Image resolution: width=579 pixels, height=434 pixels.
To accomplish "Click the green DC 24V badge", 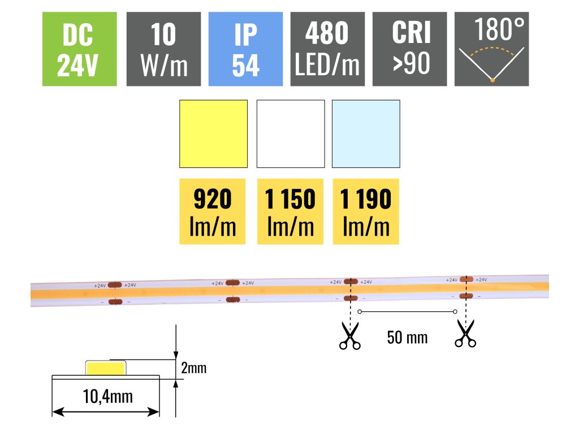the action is (x=80, y=49).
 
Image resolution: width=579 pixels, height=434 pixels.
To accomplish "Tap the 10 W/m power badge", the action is (x=163, y=49).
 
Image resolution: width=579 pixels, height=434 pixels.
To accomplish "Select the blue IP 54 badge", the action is (x=245, y=49).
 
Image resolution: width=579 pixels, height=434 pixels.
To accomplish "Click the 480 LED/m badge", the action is (x=327, y=49).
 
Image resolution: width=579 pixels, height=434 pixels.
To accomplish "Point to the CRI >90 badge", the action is (x=409, y=49).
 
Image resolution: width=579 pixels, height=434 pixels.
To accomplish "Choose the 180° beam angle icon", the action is (x=491, y=49).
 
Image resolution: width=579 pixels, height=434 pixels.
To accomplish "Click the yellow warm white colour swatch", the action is (x=213, y=134).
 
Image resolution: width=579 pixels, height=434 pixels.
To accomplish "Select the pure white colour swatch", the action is (x=291, y=134).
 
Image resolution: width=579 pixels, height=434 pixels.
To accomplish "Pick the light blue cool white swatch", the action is (x=366, y=134).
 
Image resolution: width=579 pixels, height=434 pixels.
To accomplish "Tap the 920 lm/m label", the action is (x=213, y=212).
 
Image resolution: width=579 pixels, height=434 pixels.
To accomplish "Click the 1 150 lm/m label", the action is (x=290, y=212).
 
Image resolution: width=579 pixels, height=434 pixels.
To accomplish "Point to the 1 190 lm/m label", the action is (x=366, y=212).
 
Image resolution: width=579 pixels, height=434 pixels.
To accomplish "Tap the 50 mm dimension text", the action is (x=407, y=338).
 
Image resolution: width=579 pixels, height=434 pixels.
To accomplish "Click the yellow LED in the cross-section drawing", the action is (x=106, y=368).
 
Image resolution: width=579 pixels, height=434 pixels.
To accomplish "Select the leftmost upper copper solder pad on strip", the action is (x=115, y=285).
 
